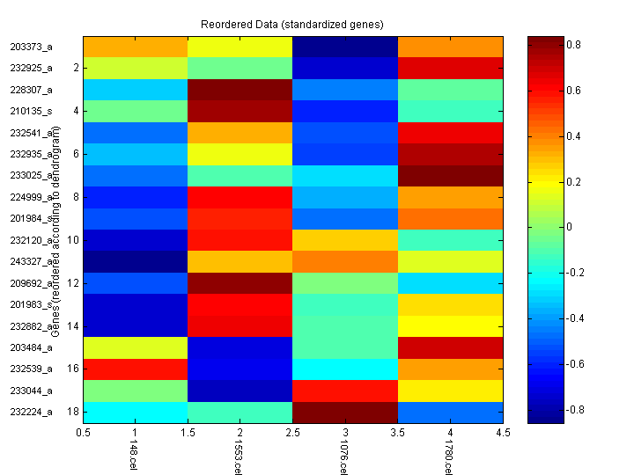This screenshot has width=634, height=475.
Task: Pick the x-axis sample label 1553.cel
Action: (238, 457)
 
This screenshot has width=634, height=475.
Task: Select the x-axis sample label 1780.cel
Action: (448, 457)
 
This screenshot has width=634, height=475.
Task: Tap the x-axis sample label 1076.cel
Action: (343, 457)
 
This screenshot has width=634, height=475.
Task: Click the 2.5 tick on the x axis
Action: (292, 433)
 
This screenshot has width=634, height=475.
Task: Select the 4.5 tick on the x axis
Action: (503, 433)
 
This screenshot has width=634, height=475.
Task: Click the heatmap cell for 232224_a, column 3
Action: (345, 412)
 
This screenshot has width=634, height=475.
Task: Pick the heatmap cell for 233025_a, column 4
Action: (450, 175)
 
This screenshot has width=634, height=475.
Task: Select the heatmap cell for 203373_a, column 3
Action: (345, 47)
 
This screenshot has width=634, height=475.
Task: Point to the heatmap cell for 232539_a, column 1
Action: (136, 369)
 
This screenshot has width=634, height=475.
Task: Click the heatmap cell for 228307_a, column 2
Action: (240, 90)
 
